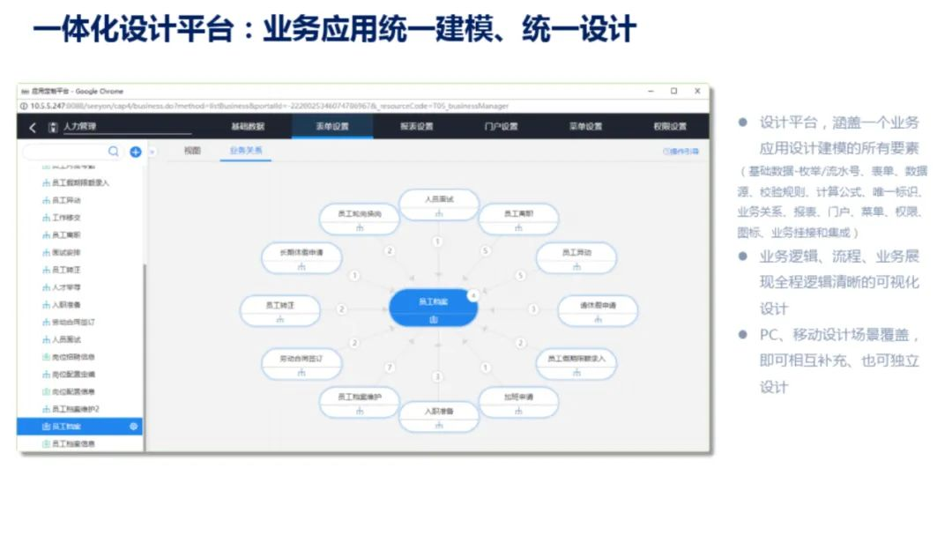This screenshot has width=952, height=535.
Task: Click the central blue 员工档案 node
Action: pyautogui.click(x=433, y=307)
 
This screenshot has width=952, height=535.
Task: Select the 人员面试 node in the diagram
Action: pyautogui.click(x=438, y=204)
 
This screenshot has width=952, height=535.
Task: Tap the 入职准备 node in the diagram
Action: pyautogui.click(x=438, y=415)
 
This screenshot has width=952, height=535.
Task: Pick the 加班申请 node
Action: pyautogui.click(x=517, y=401)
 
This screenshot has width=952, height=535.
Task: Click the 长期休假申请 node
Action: pyautogui.click(x=301, y=256)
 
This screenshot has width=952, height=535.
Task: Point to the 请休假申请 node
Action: pyautogui.click(x=597, y=309)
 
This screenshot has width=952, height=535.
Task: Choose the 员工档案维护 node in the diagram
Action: pyautogui.click(x=359, y=401)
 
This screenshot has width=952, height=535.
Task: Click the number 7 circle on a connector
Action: pyautogui.click(x=390, y=367)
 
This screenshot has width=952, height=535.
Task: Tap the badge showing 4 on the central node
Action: pyautogui.click(x=472, y=294)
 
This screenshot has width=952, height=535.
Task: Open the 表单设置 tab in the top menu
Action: pyautogui.click(x=332, y=127)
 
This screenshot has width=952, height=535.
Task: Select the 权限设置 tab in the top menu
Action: pyautogui.click(x=670, y=127)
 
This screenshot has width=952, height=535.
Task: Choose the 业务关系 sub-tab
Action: pyautogui.click(x=245, y=152)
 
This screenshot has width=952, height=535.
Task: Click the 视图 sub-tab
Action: pyautogui.click(x=192, y=152)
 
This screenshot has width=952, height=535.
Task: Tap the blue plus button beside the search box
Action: pyautogui.click(x=136, y=152)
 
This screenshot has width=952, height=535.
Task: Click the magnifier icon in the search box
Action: pyautogui.click(x=114, y=152)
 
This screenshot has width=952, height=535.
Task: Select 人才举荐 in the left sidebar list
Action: pyautogui.click(x=67, y=287)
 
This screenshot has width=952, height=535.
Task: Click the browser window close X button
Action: pyautogui.click(x=697, y=91)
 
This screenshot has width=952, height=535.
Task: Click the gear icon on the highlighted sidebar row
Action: pyautogui.click(x=134, y=427)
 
